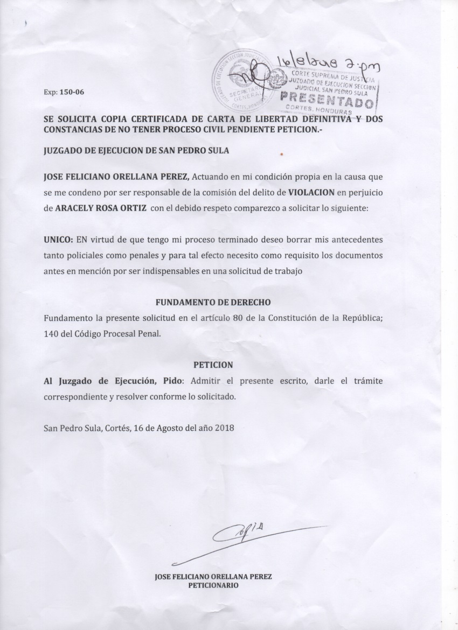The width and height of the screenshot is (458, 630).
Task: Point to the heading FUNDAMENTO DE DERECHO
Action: click(x=213, y=303)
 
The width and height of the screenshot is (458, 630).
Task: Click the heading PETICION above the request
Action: click(x=213, y=365)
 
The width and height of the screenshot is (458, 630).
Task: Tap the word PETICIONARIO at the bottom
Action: click(x=213, y=584)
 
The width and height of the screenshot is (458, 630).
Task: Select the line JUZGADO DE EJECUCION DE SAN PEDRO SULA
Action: click(x=136, y=151)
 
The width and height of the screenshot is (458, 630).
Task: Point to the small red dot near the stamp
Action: click(x=282, y=154)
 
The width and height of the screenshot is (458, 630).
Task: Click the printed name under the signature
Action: click(x=213, y=576)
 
